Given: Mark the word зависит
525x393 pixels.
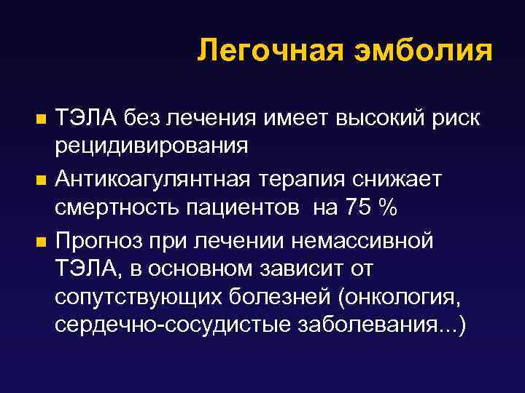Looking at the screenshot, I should [x=292, y=269].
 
